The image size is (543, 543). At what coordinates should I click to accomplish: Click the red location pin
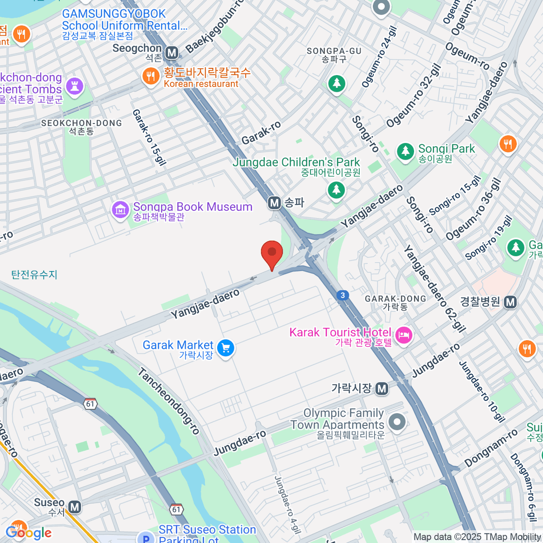tap(272, 254)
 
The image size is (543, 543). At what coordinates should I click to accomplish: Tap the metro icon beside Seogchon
tap(171, 53)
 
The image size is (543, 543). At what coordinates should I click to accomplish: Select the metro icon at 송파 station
tap(274, 203)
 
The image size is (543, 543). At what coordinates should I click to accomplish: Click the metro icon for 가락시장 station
tap(382, 388)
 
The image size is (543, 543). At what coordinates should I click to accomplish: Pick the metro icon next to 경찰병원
tap(510, 302)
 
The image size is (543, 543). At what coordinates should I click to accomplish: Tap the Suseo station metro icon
tap(75, 507)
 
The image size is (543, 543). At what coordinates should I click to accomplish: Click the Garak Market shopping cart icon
tap(225, 348)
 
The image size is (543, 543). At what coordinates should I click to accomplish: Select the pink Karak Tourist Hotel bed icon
tap(403, 335)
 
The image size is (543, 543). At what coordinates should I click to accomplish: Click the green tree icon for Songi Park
tap(405, 151)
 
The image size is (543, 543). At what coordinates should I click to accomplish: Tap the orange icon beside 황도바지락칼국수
tap(151, 76)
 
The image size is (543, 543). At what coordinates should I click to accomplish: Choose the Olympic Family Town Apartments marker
tap(397, 422)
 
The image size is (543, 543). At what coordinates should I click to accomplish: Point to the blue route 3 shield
tap(343, 295)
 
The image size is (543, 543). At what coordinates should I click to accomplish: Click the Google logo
tap(28, 533)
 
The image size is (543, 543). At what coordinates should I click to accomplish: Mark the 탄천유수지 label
tap(34, 275)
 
